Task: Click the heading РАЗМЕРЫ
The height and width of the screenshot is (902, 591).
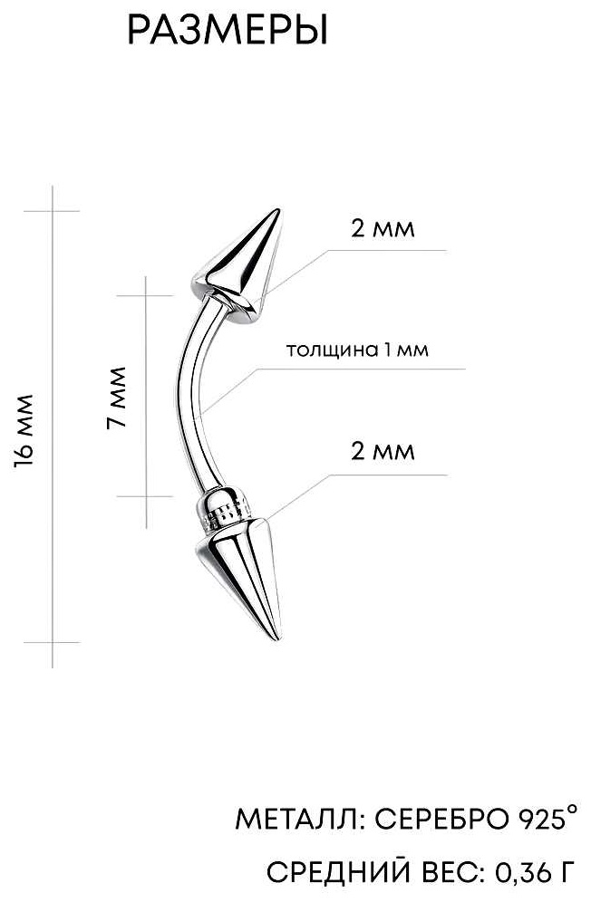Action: pyautogui.click(x=228, y=31)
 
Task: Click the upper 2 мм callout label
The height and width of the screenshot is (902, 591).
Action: pyautogui.click(x=383, y=229)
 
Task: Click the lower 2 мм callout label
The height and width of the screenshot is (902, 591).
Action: pyautogui.click(x=383, y=451)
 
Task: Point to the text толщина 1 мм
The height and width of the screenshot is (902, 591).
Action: pyautogui.click(x=357, y=350)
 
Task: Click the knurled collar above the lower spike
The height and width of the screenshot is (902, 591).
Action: pyautogui.click(x=226, y=509)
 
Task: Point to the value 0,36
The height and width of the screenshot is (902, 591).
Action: pyautogui.click(x=521, y=873)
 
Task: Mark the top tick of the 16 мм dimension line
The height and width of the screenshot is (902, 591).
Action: pyautogui.click(x=52, y=211)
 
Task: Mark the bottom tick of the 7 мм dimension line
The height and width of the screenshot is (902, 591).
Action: pyautogui.click(x=145, y=496)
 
